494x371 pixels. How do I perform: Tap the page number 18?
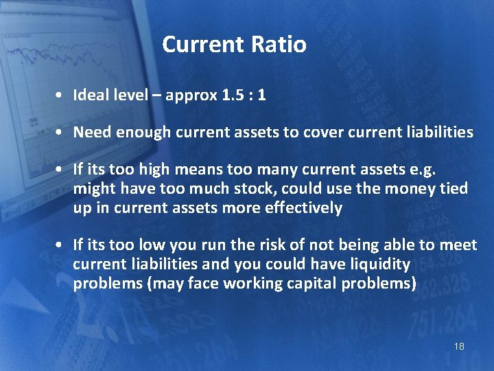coord(459,346)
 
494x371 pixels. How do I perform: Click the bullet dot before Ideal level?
coord(61,96)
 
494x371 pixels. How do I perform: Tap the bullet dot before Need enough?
coord(61,133)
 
